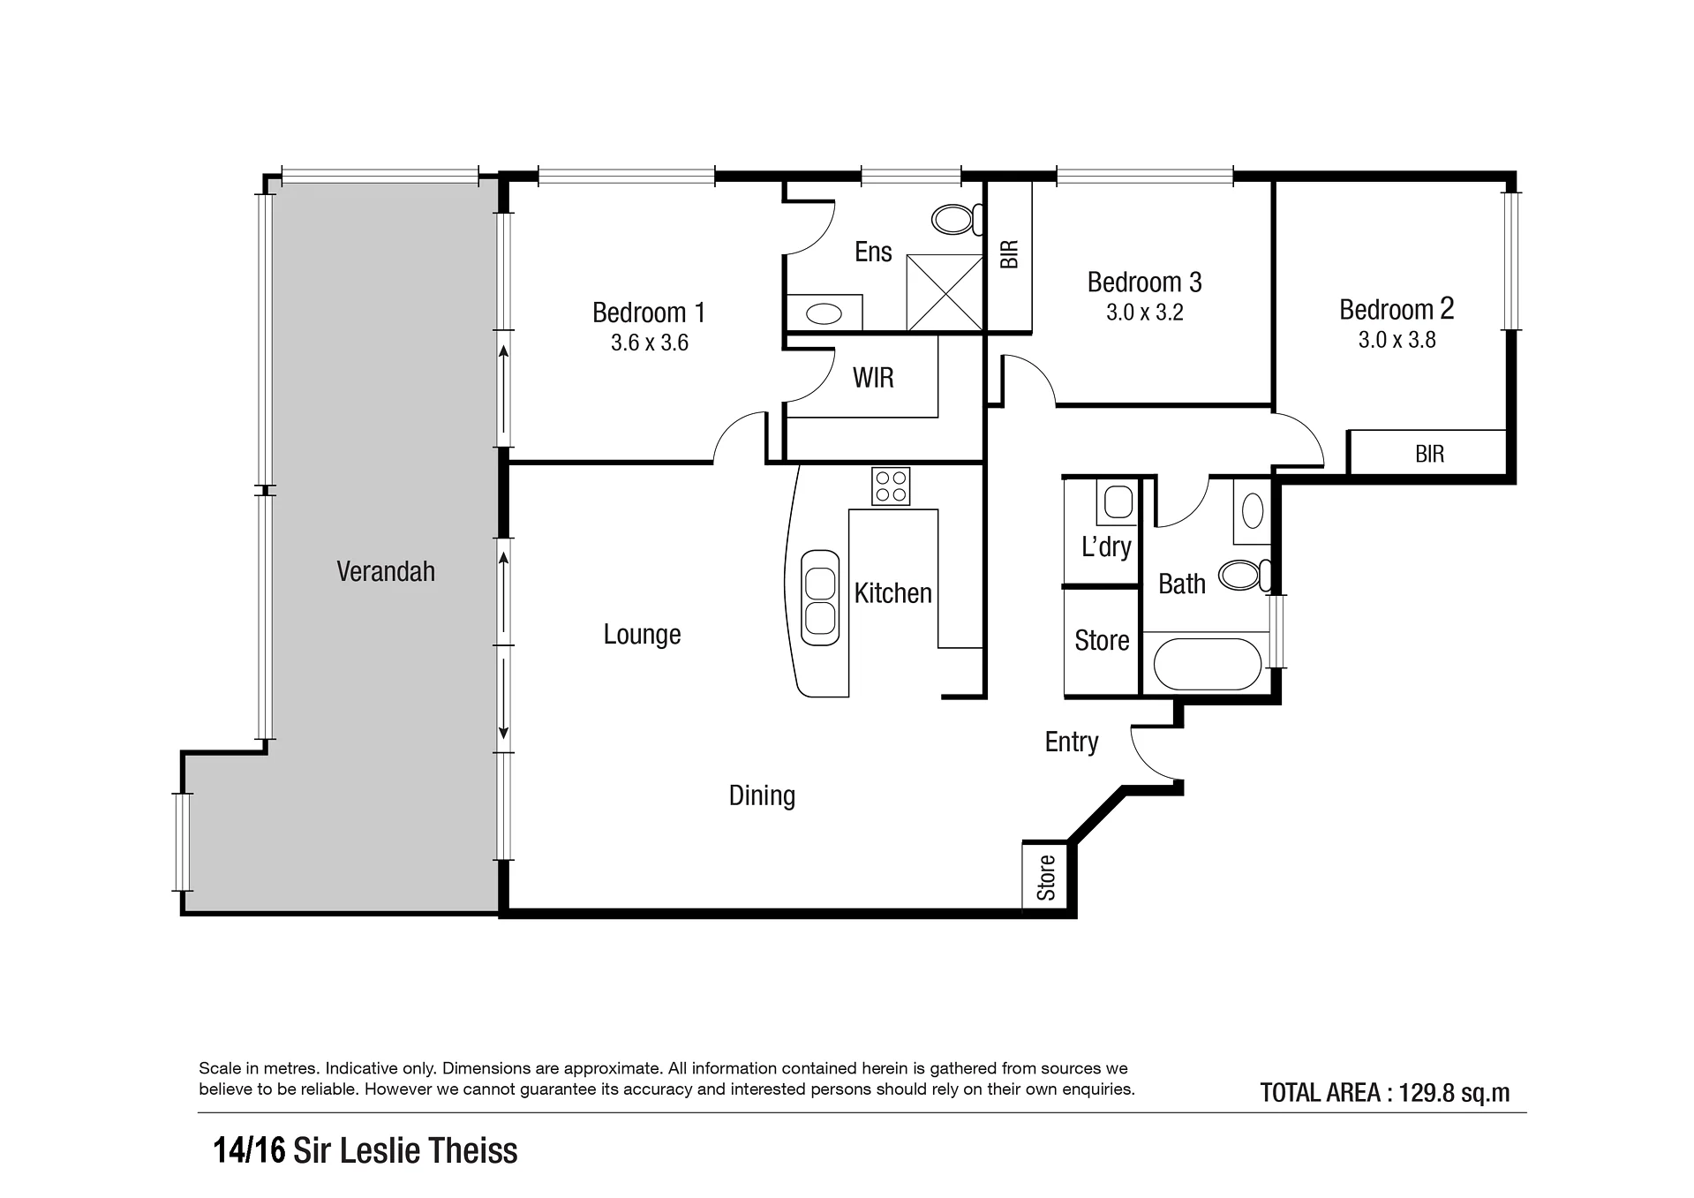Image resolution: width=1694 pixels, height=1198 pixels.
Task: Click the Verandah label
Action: coord(386,571)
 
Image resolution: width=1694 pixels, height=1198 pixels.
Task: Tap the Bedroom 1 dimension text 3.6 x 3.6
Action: coord(650,343)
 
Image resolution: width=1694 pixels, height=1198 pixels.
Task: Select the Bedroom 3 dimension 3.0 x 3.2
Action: coord(1145,313)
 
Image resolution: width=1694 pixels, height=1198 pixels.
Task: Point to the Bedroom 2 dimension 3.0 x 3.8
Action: coord(1397,340)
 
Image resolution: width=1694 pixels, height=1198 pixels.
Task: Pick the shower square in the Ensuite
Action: coord(945,292)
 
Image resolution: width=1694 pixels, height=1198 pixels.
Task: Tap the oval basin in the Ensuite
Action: coord(824,313)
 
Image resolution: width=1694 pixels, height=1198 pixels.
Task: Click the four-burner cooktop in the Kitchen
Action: coord(891,486)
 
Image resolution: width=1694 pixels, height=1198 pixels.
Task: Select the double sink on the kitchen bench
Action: coord(820,598)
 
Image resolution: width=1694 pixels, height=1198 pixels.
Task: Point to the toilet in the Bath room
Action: coord(1245,576)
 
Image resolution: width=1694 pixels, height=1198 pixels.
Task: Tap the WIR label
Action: coord(873,378)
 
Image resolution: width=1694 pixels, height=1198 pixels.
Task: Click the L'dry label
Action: coord(1106,546)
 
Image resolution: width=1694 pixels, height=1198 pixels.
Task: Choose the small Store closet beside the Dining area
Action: coord(1045,876)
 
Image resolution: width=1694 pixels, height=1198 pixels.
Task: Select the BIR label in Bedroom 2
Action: coord(1430,454)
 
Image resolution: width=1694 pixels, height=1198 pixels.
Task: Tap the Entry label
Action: coord(1072,742)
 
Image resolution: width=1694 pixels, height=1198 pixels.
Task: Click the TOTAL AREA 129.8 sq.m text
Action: coord(1385,1093)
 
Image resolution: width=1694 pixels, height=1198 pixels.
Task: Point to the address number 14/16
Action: coord(250,1151)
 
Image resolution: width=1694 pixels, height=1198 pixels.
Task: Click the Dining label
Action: coord(762,796)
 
